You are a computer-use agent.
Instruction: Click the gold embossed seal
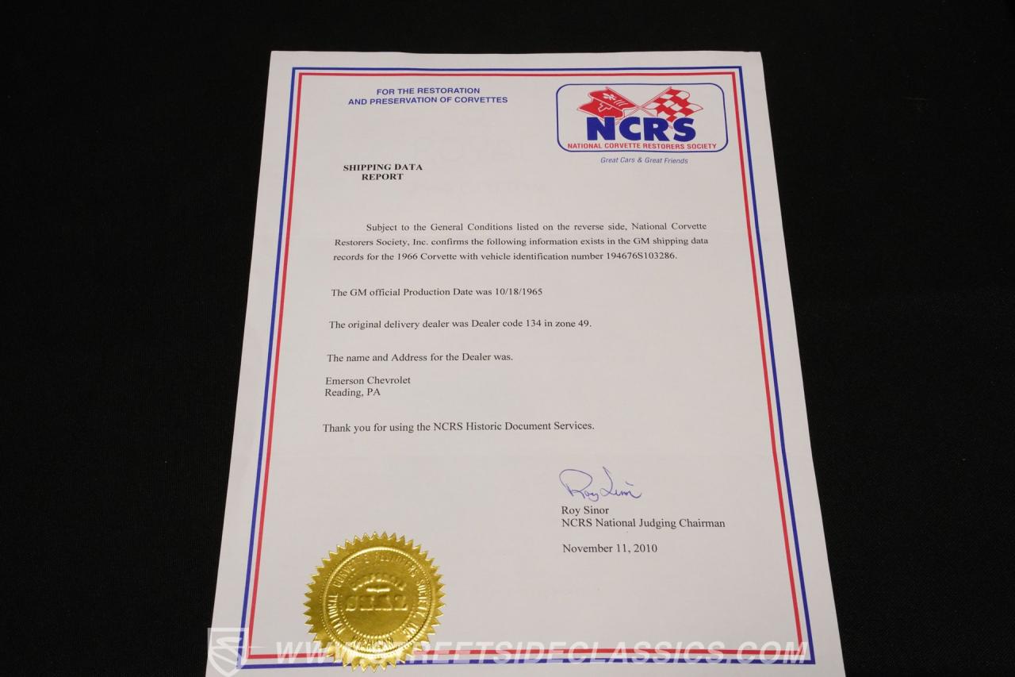point(373,601)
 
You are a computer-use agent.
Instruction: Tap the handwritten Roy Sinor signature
point(599,484)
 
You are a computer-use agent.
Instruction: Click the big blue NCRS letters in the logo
point(641,128)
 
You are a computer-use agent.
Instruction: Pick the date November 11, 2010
point(610,548)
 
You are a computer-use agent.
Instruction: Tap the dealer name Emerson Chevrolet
point(368,381)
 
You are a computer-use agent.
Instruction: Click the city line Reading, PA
point(352,392)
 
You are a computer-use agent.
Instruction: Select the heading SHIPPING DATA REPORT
point(382,172)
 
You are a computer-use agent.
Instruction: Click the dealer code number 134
point(515,324)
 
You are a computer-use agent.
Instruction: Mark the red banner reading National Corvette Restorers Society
point(642,146)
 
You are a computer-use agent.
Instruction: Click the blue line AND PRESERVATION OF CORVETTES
point(427,101)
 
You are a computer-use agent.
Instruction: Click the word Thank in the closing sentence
point(336,427)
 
